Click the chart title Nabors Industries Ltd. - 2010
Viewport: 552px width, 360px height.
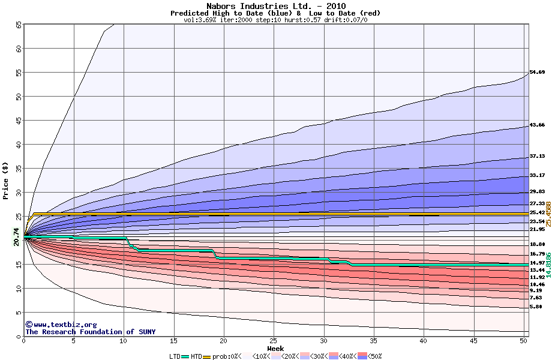pyautogui.click(x=275, y=5)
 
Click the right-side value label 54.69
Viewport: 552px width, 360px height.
pyautogui.click(x=536, y=73)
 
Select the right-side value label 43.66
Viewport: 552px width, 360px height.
pyautogui.click(x=536, y=125)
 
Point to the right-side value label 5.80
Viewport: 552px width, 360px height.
pyautogui.click(x=536, y=307)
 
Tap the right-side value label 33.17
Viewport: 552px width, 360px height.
pyautogui.click(x=536, y=175)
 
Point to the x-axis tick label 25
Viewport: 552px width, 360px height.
pyautogui.click(x=274, y=341)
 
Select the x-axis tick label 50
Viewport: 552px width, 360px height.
pyautogui.click(x=523, y=341)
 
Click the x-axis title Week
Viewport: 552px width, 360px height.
pyautogui.click(x=275, y=348)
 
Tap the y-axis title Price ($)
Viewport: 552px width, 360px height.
pyautogui.click(x=6, y=180)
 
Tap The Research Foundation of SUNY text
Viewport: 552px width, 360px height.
pyautogui.click(x=90, y=332)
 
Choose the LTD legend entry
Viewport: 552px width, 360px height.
pyautogui.click(x=175, y=356)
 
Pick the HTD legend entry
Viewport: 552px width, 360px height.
pyautogui.click(x=197, y=356)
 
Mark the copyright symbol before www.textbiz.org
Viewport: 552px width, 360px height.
pyautogui.click(x=28, y=324)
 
